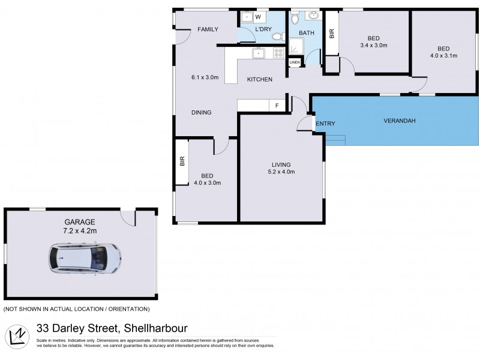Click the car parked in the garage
click(x=85, y=258)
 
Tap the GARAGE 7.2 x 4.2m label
click(x=79, y=226)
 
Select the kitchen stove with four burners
click(x=278, y=53)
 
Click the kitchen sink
click(x=258, y=53)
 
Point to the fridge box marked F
click(x=277, y=106)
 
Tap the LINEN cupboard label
click(x=294, y=62)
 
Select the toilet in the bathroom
click(x=294, y=17)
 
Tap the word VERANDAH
click(x=400, y=121)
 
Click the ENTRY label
click(x=325, y=124)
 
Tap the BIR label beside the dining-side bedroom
click(x=182, y=161)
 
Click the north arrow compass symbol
click(x=19, y=336)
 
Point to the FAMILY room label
click(x=208, y=29)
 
